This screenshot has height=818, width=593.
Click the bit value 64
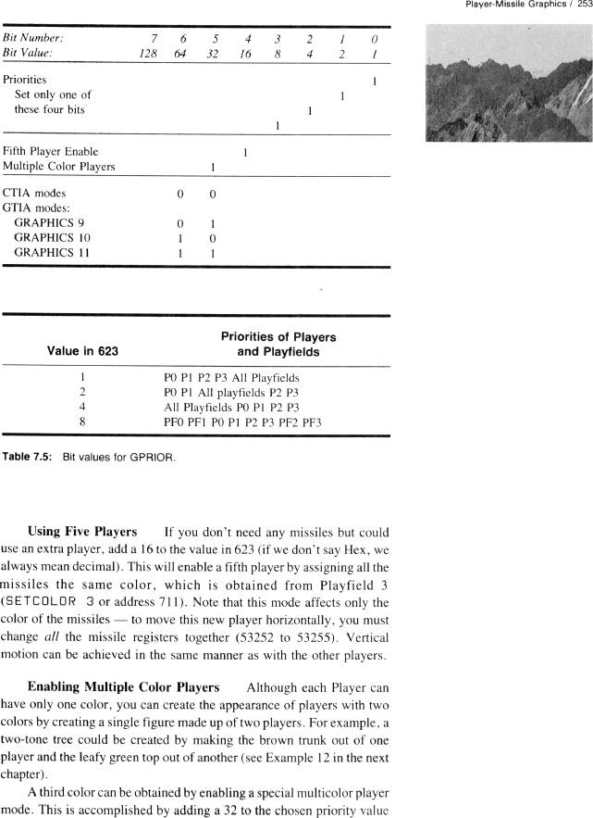[x=181, y=54]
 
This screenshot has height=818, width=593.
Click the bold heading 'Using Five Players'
[x=85, y=532]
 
